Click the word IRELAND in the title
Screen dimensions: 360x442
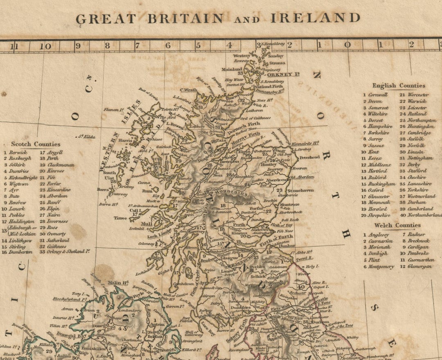click(x=315, y=18)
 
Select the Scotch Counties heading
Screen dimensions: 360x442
click(x=36, y=144)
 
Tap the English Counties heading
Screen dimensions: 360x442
click(x=398, y=86)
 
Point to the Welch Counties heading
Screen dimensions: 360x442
click(x=397, y=225)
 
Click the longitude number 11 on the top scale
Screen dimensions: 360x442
click(x=15, y=46)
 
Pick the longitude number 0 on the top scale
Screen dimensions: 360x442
click(x=347, y=46)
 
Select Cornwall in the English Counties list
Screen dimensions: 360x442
click(x=377, y=95)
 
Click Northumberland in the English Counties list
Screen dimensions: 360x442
click(x=424, y=215)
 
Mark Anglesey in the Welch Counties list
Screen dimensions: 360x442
click(x=379, y=235)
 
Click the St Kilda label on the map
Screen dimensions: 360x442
click(x=87, y=136)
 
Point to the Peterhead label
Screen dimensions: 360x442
click(x=309, y=157)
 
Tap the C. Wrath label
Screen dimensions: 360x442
click(x=189, y=90)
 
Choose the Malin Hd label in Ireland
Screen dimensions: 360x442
click(x=118, y=283)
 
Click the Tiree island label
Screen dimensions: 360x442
click(x=120, y=218)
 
